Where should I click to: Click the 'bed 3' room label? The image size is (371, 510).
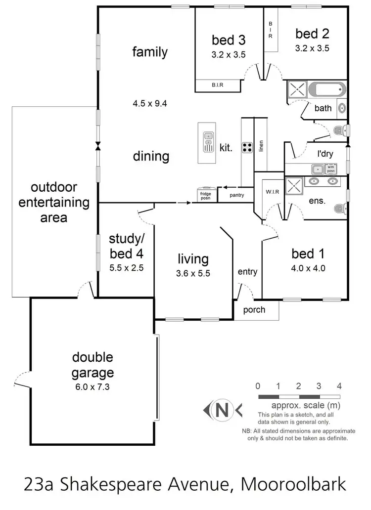228,40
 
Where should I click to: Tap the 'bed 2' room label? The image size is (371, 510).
312,34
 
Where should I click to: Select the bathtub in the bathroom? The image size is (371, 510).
326,91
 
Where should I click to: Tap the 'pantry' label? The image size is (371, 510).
236,195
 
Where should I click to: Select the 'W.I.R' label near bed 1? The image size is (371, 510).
270,191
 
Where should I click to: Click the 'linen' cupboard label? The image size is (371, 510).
261,146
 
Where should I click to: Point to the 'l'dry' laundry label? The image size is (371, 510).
325,154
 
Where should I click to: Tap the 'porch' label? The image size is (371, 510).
254,310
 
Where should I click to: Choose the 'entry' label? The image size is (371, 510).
247,272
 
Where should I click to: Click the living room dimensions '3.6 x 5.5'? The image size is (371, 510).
193,273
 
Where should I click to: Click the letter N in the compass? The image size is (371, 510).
222,410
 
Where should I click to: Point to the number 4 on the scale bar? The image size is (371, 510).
339,386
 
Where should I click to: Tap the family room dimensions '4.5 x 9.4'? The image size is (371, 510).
150,104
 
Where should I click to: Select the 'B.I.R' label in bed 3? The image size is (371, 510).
217,85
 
